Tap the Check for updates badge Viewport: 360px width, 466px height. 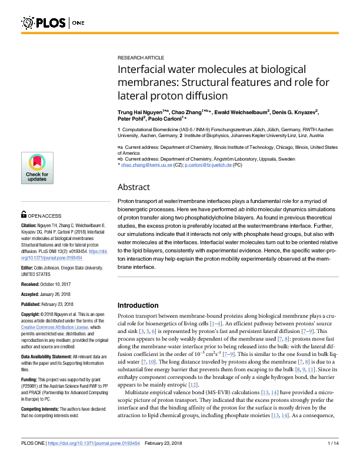click(37, 170)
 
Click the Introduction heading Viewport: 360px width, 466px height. click(143, 305)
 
